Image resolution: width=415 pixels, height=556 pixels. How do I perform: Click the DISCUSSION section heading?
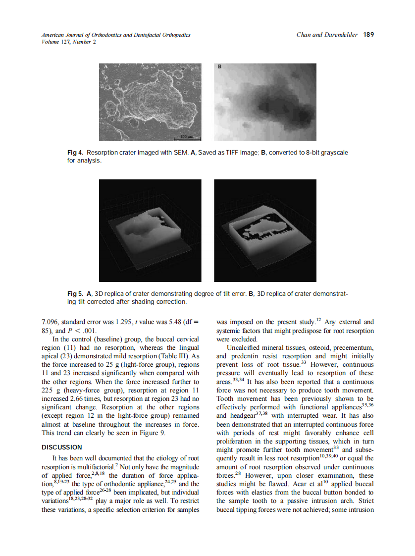[62, 447]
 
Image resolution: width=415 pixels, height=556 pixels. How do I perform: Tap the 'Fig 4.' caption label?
[76, 153]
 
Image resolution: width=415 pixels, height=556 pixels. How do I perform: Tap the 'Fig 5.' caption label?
[76, 294]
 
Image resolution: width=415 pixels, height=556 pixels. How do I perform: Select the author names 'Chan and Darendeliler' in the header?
[327, 35]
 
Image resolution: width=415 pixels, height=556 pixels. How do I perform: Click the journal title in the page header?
[116, 35]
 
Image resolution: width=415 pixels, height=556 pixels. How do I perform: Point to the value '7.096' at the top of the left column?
[50, 322]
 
